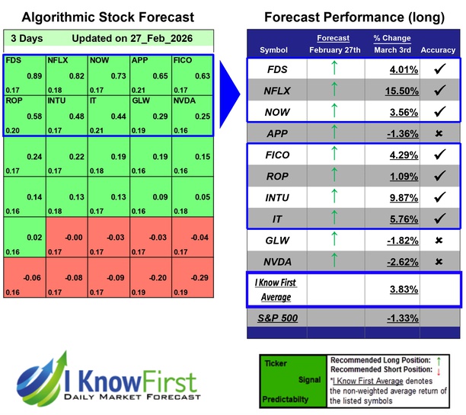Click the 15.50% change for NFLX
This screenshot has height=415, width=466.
[x=392, y=90]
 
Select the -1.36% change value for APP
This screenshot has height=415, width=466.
[x=392, y=134]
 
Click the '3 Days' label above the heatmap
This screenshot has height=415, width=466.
[x=27, y=37]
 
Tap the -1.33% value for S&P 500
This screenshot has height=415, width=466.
[x=392, y=318]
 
